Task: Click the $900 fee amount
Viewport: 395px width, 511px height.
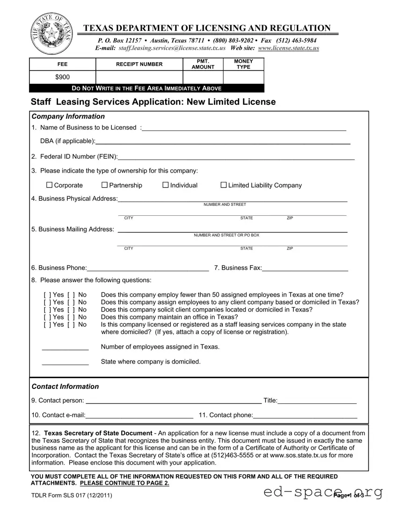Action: point(63,77)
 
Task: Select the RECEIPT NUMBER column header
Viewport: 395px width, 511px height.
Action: point(139,64)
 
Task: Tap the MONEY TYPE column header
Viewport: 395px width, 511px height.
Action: point(243,64)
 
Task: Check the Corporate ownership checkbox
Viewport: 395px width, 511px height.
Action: point(49,185)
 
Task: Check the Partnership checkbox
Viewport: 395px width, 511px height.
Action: point(104,185)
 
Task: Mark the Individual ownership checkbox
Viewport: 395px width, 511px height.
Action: point(165,185)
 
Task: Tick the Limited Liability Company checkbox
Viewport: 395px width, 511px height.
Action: point(223,185)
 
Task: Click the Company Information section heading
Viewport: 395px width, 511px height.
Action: point(68,117)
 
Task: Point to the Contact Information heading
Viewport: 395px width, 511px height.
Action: point(65,387)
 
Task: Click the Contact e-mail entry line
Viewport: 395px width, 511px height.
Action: point(139,416)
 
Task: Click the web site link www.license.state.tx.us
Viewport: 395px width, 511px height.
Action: point(288,48)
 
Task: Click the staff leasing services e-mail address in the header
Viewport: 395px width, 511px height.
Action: point(172,48)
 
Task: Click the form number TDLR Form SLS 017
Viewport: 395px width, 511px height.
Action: point(71,496)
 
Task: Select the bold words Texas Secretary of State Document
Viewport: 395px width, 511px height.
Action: point(98,433)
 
